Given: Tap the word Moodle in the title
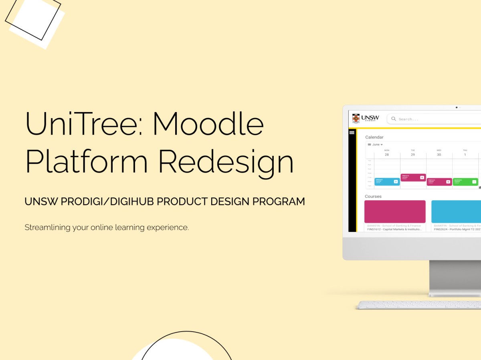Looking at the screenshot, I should click(x=208, y=124).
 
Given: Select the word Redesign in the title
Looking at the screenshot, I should click(x=226, y=161).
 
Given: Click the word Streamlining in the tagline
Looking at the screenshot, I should click(x=47, y=227).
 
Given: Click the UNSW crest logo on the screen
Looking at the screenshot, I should click(x=356, y=119).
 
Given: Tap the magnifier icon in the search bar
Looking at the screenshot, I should click(x=394, y=119).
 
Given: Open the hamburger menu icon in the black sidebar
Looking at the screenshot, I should click(x=352, y=133).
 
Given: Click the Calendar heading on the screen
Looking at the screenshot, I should click(x=374, y=137).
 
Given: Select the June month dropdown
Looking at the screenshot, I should click(x=375, y=145).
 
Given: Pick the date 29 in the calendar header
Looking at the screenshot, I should click(x=413, y=155).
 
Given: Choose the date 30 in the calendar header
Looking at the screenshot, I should click(x=439, y=155).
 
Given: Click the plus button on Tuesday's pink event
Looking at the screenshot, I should click(x=422, y=177).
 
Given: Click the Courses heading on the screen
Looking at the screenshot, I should click(x=373, y=197).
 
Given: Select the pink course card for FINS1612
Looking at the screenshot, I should click(x=395, y=211).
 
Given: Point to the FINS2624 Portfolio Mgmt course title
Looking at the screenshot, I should click(x=457, y=229).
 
